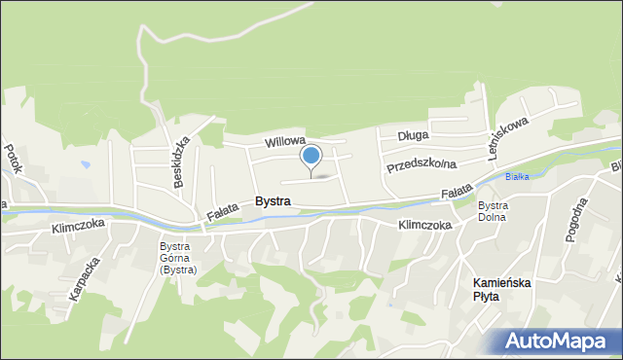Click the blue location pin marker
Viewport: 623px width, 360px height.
tap(311, 156)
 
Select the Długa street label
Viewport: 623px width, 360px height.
tap(412, 137)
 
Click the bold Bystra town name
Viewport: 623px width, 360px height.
tap(273, 200)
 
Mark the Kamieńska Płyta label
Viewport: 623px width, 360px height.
tap(492, 288)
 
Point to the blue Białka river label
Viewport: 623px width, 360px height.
tap(515, 176)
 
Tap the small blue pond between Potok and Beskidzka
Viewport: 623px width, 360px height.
tap(86, 165)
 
